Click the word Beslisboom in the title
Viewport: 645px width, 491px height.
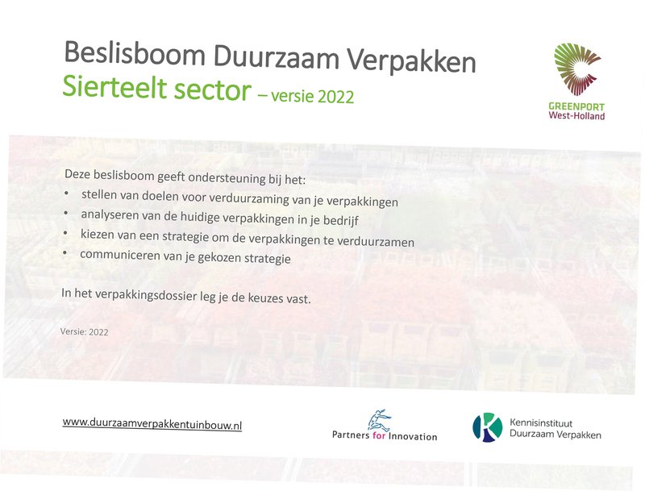coord(135,53)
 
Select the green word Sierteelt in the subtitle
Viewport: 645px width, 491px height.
coord(114,88)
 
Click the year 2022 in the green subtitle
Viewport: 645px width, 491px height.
coord(335,97)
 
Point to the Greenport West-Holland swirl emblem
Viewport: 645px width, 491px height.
coord(576,69)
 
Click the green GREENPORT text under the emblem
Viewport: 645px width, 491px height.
coord(576,107)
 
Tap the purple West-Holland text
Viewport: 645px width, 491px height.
coord(576,115)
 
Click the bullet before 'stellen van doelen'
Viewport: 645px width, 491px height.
coord(67,193)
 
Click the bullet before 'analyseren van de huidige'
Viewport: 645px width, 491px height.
coord(66,213)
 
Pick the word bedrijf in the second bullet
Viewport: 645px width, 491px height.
coord(341,221)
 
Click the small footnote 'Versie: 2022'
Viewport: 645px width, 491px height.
coord(85,332)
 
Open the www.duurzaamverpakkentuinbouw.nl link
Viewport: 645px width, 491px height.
coord(152,423)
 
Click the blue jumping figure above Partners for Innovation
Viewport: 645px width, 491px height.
coord(379,420)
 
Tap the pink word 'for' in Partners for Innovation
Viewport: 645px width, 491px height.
coord(378,435)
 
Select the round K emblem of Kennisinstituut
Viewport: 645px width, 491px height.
coord(488,427)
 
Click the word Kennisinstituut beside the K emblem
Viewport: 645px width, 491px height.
coord(541,422)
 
